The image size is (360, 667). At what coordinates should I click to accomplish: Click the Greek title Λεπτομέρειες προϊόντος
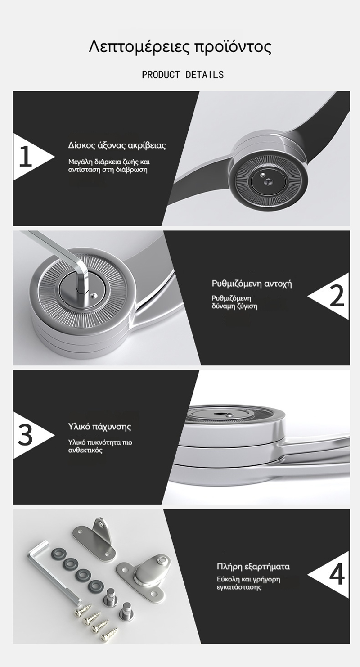point(180,47)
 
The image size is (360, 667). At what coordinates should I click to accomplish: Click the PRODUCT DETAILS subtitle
point(183,74)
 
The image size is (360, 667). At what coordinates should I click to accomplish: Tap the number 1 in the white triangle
point(26,156)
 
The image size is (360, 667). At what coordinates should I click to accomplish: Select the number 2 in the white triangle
point(337,296)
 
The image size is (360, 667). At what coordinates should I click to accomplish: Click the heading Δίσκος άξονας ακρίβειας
point(117,146)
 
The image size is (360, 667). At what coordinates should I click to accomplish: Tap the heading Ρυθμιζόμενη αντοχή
point(252,284)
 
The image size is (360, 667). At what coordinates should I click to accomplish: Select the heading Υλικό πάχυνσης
point(99,426)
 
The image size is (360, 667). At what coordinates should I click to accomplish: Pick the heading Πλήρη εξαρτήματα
point(253,566)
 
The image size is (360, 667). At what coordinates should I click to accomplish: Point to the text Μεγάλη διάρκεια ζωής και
point(109,162)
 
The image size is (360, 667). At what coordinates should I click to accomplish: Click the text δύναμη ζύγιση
point(234,306)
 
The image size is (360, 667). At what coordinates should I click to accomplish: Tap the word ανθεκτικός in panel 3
point(85,450)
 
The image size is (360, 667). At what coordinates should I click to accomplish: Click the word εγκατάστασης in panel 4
point(239,587)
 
